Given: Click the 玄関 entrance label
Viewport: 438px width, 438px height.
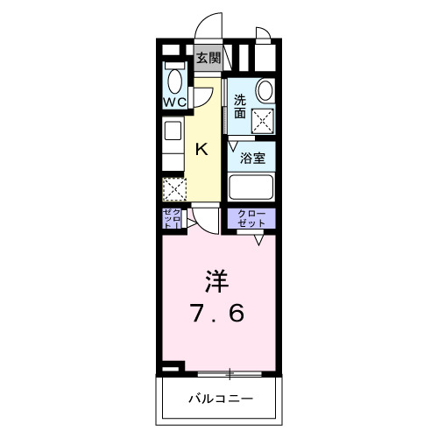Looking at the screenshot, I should (208, 59).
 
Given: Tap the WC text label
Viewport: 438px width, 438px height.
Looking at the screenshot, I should (173, 101).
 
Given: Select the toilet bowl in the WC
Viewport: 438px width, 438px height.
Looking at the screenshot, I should (174, 80).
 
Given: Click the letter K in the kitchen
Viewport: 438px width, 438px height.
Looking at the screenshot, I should (201, 149).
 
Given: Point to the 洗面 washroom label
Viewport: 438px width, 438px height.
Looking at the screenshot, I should (238, 106).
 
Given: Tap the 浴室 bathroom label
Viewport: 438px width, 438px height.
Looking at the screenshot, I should (252, 158).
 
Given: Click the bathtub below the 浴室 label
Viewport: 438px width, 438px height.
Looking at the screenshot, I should (252, 187).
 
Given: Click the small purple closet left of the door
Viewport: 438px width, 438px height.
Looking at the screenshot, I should (171, 219).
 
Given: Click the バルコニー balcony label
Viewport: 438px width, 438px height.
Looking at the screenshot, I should (220, 399).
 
